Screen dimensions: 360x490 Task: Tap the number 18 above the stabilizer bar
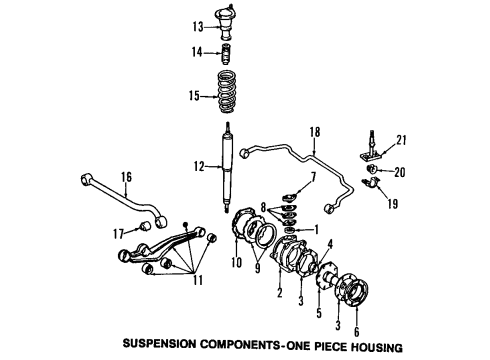coord(314,131)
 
